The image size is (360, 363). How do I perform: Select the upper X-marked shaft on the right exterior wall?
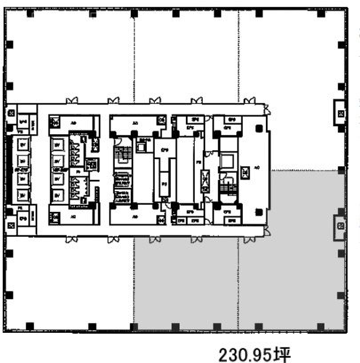pos(340,111)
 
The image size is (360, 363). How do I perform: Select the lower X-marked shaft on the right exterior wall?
pos(340,226)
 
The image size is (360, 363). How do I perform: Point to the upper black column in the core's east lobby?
pos(258,132)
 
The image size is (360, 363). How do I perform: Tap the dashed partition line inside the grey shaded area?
pos(237,276)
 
